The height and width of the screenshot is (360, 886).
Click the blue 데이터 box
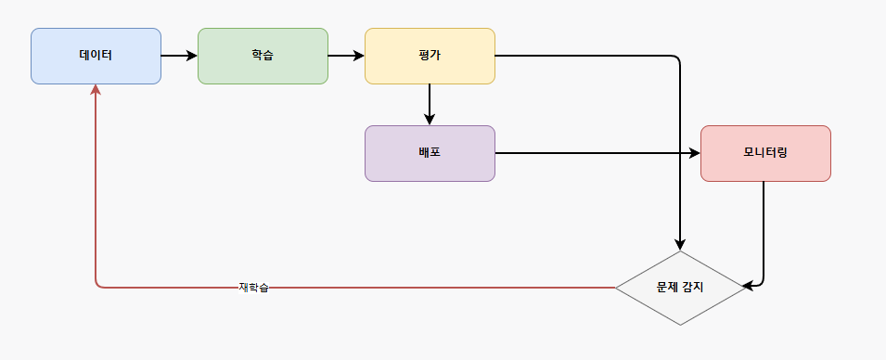[96, 56]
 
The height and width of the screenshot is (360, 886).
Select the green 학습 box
[263, 56]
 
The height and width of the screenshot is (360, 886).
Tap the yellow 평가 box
[430, 56]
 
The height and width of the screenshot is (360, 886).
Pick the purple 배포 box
[430, 153]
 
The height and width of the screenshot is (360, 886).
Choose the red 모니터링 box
[765, 153]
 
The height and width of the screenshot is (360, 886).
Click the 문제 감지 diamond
[680, 288]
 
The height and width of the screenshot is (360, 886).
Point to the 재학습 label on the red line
[253, 287]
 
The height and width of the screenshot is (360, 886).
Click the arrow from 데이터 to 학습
[179, 56]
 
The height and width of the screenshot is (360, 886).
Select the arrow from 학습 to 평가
[346, 56]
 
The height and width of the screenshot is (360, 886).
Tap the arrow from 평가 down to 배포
[430, 105]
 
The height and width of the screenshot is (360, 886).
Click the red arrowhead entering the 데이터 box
[96, 90]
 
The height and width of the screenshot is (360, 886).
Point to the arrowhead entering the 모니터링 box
[695, 153]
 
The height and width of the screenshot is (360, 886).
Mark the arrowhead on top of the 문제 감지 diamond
[680, 244]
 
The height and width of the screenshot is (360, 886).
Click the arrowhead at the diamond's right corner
[749, 287]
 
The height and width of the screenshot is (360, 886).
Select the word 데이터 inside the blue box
[96, 56]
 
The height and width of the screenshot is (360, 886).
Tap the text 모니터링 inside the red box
[765, 152]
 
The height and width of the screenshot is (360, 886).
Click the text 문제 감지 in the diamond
[680, 287]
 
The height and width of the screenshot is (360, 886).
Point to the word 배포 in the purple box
[430, 152]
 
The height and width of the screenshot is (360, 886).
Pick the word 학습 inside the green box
[263, 56]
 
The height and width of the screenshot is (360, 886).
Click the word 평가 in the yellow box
[430, 56]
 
